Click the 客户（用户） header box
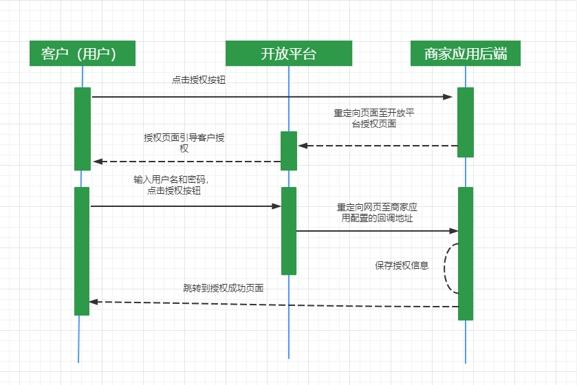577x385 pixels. (82, 54)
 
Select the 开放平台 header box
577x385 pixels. (288, 54)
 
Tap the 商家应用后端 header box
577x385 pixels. (466, 54)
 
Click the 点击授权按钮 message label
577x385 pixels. (199, 80)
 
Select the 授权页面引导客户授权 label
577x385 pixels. (184, 142)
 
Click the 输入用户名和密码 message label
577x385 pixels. (171, 185)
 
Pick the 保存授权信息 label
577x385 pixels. (402, 265)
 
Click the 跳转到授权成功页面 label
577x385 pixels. (224, 288)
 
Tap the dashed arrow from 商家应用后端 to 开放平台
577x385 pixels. (378, 146)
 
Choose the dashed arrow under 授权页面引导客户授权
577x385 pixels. (186, 162)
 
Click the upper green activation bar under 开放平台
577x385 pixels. (289, 151)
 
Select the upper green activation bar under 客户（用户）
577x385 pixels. (83, 129)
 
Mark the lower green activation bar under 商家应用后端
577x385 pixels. (466, 253)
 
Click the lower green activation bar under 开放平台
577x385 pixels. (289, 230)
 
